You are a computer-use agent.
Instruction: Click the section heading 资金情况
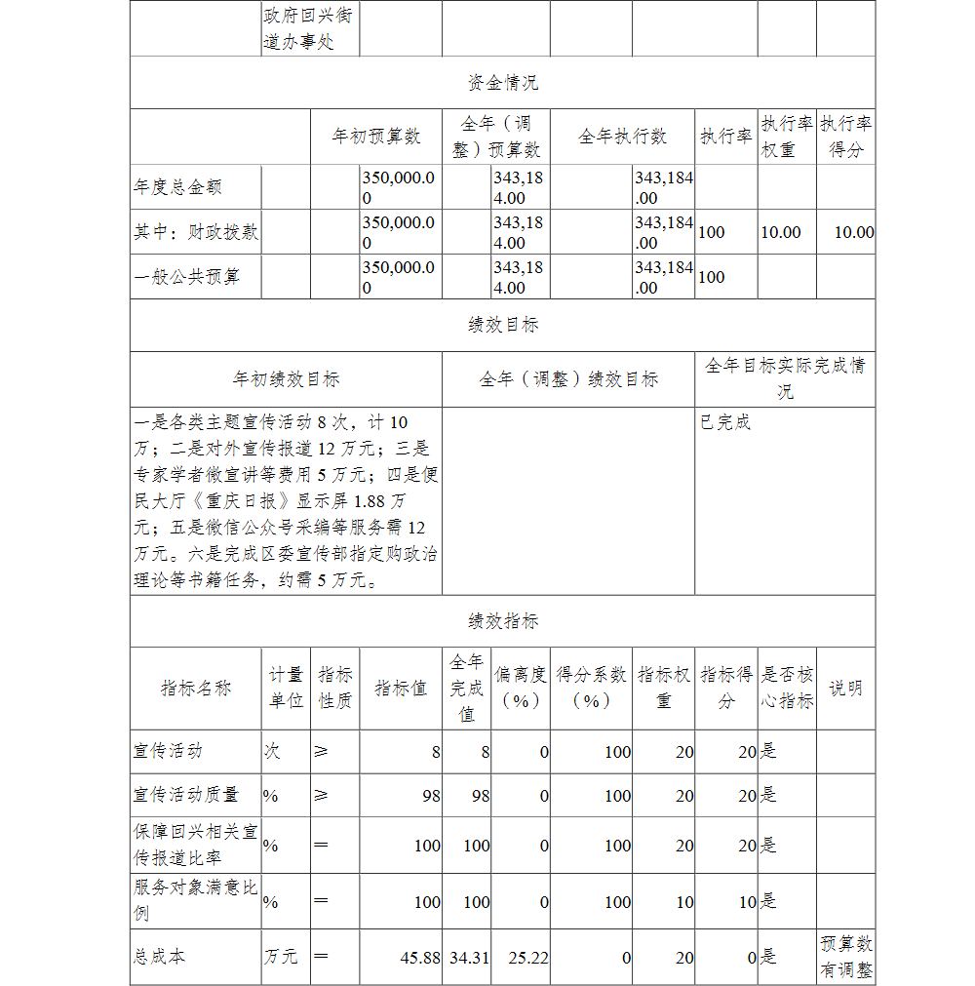click(x=502, y=83)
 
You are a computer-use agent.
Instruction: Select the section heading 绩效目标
click(x=502, y=326)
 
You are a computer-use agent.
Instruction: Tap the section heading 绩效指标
click(x=502, y=621)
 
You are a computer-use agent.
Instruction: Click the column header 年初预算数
click(x=376, y=137)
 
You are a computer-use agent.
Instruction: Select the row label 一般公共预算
click(x=186, y=277)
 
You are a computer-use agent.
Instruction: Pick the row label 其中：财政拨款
click(x=196, y=232)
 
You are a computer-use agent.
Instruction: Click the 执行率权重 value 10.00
click(x=781, y=232)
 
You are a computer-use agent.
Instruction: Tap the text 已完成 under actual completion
click(x=725, y=423)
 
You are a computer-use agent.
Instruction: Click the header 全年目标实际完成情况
click(x=785, y=378)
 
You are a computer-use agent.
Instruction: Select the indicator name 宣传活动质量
click(x=186, y=795)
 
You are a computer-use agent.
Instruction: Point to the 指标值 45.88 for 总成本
click(x=420, y=958)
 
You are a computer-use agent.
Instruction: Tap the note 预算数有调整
click(x=845, y=957)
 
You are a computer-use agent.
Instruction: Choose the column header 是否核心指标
click(x=786, y=688)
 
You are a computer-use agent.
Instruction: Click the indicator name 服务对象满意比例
click(x=195, y=900)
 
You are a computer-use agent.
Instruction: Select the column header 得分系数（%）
click(x=591, y=688)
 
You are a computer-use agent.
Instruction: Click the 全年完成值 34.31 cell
click(x=469, y=958)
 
